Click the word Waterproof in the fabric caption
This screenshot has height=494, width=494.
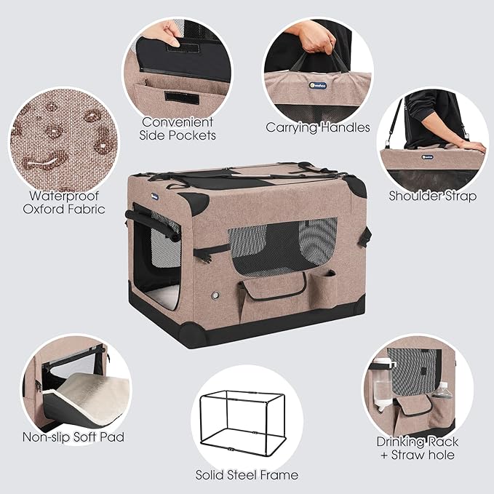(x=64, y=196)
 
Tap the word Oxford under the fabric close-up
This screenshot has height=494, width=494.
(x=44, y=209)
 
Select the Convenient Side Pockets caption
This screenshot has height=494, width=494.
(x=178, y=129)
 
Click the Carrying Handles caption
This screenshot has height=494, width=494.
(x=317, y=127)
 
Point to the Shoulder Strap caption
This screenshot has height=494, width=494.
(x=433, y=196)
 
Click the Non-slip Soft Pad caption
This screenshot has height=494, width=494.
(x=73, y=437)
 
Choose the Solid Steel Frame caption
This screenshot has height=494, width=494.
(x=247, y=475)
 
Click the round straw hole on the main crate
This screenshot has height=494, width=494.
(x=215, y=295)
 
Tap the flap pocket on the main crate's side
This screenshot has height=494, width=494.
(x=272, y=288)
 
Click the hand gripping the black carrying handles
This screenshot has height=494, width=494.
(x=311, y=37)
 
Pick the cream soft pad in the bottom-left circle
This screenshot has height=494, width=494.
(x=92, y=399)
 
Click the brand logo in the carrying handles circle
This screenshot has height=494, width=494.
(x=317, y=85)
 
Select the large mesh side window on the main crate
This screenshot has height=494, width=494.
(x=282, y=247)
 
